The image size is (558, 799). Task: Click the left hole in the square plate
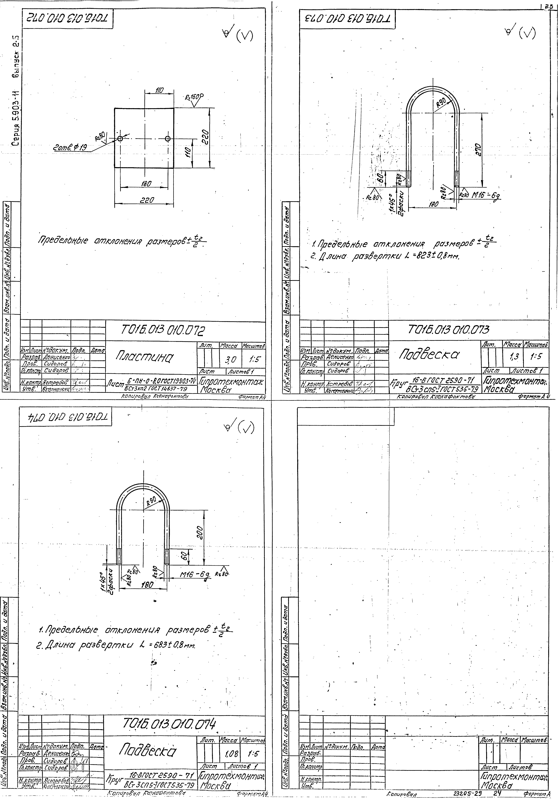point(120,139)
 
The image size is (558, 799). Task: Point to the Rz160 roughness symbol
point(193,97)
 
